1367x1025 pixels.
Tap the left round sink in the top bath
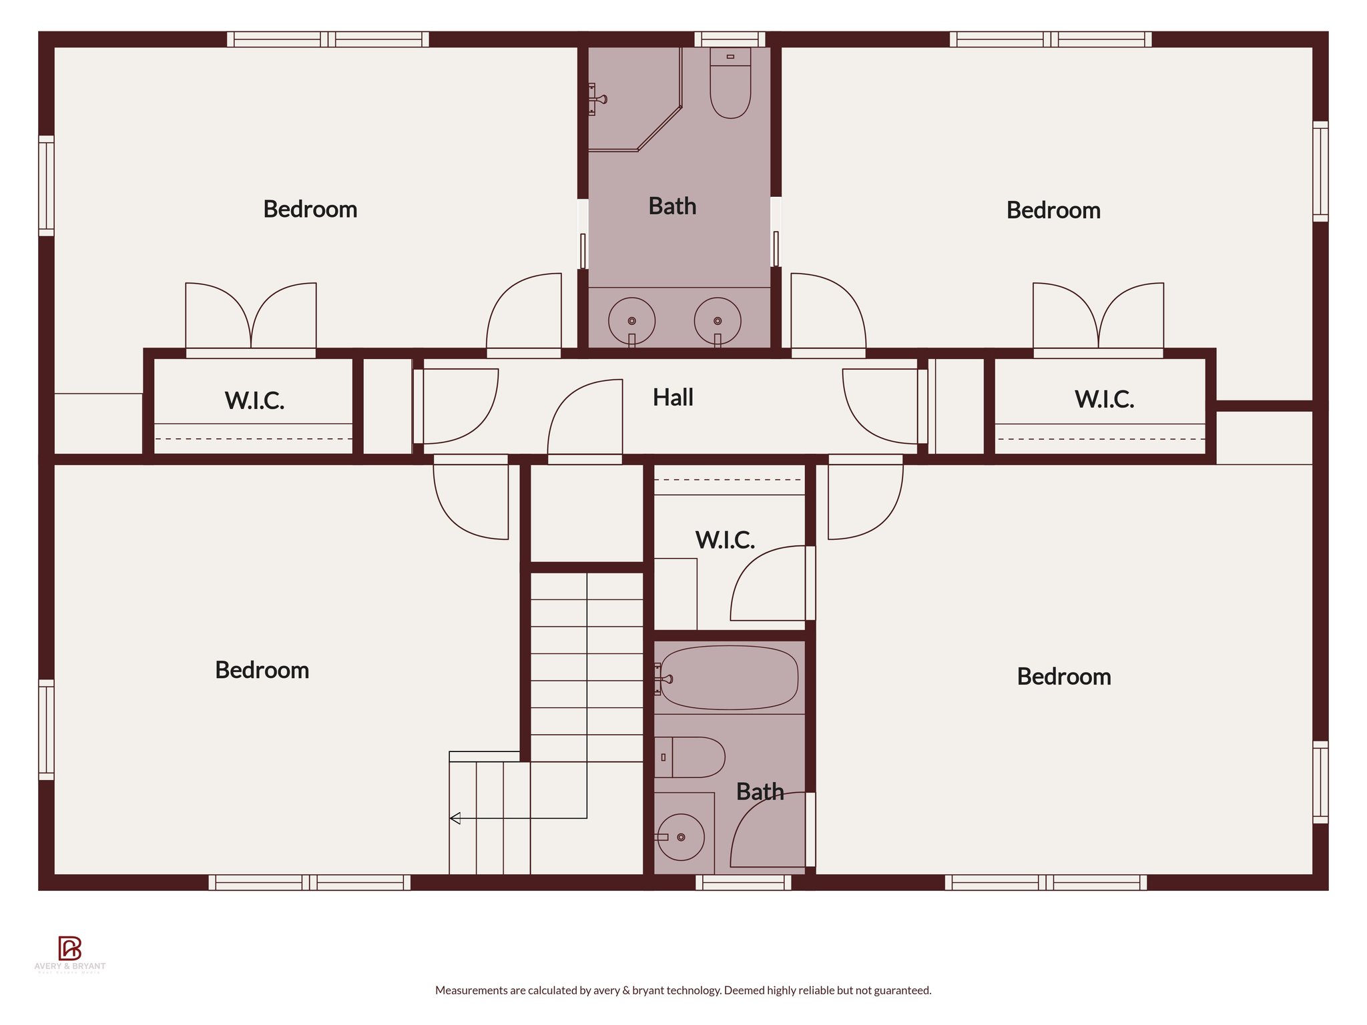(x=631, y=321)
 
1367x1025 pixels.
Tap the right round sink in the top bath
(x=717, y=321)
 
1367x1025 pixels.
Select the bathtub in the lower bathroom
(x=729, y=678)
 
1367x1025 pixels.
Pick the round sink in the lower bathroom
(x=681, y=837)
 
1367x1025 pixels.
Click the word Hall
(x=673, y=398)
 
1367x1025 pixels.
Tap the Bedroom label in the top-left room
(x=310, y=210)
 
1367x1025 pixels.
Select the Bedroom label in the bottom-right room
(x=1064, y=677)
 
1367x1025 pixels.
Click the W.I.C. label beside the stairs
(x=725, y=540)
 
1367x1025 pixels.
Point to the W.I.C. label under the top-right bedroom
(x=1104, y=400)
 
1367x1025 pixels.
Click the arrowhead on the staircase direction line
(x=455, y=818)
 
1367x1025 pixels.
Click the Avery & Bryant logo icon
(x=69, y=948)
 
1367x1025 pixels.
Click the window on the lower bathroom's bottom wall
(x=744, y=883)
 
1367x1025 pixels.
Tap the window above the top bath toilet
(x=730, y=39)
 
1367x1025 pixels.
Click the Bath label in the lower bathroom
(x=760, y=792)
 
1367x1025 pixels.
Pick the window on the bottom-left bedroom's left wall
(x=46, y=729)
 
